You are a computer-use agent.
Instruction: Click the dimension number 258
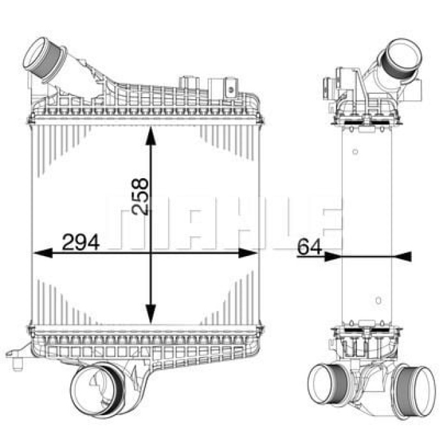140,196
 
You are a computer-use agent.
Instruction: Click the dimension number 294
80,242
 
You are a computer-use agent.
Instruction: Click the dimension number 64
309,247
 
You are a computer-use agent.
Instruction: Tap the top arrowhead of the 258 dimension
151,136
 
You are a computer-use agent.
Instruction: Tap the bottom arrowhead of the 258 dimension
151,314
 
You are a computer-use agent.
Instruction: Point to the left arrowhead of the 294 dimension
43,253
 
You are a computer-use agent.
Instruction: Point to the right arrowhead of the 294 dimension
248,253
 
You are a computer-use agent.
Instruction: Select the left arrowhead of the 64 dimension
332,257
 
